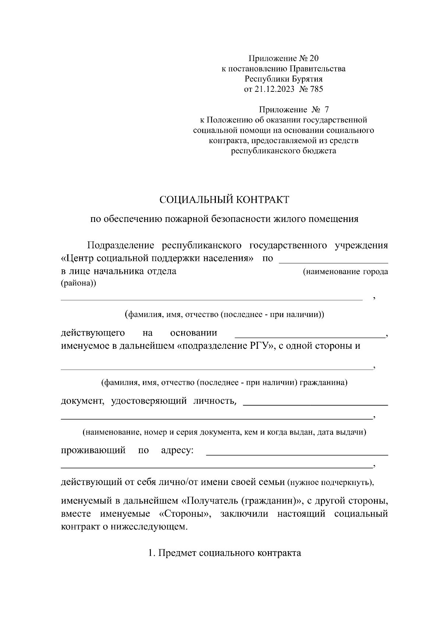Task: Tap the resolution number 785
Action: (x=316, y=89)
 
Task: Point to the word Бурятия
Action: (x=307, y=79)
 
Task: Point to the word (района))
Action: (x=78, y=283)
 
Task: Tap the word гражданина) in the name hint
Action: (x=324, y=382)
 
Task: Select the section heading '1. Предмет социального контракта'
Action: (x=224, y=553)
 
